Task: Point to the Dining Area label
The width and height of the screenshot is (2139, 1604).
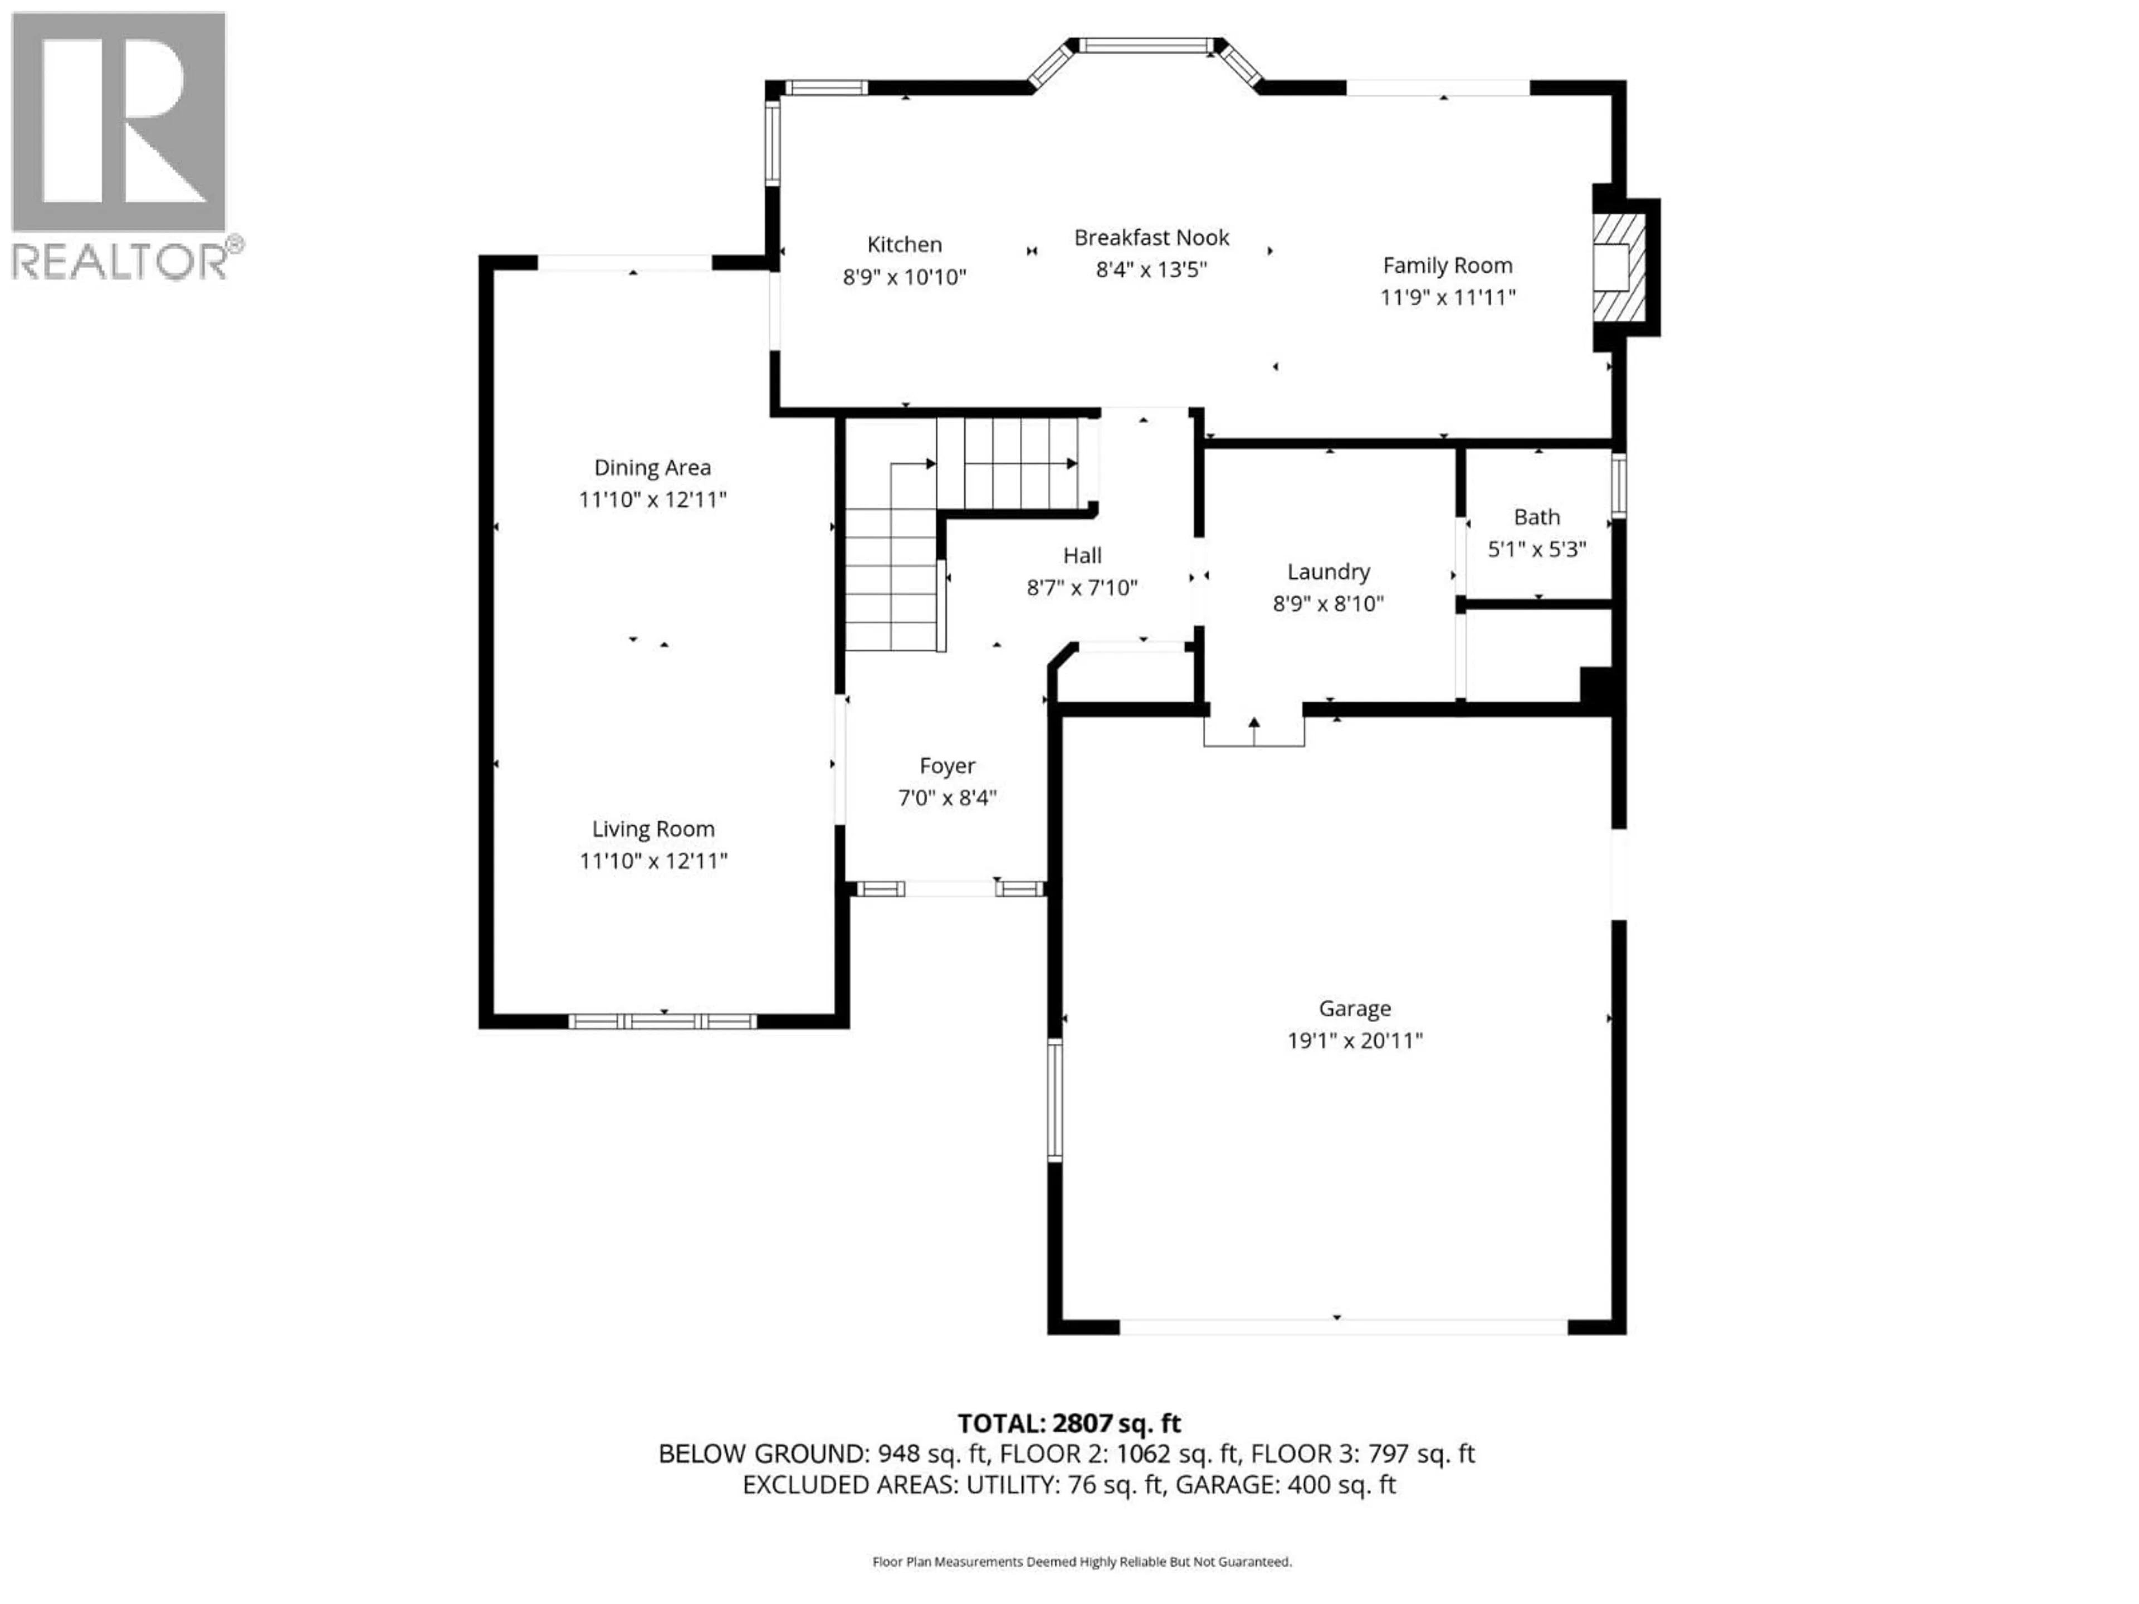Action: point(652,468)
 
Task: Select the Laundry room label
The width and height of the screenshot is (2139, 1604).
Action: point(1328,571)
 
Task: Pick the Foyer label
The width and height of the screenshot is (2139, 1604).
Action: point(947,766)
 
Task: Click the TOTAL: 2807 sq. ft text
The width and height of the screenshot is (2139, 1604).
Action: point(1068,1423)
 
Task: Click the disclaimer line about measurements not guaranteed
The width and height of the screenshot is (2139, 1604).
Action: point(1081,1562)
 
